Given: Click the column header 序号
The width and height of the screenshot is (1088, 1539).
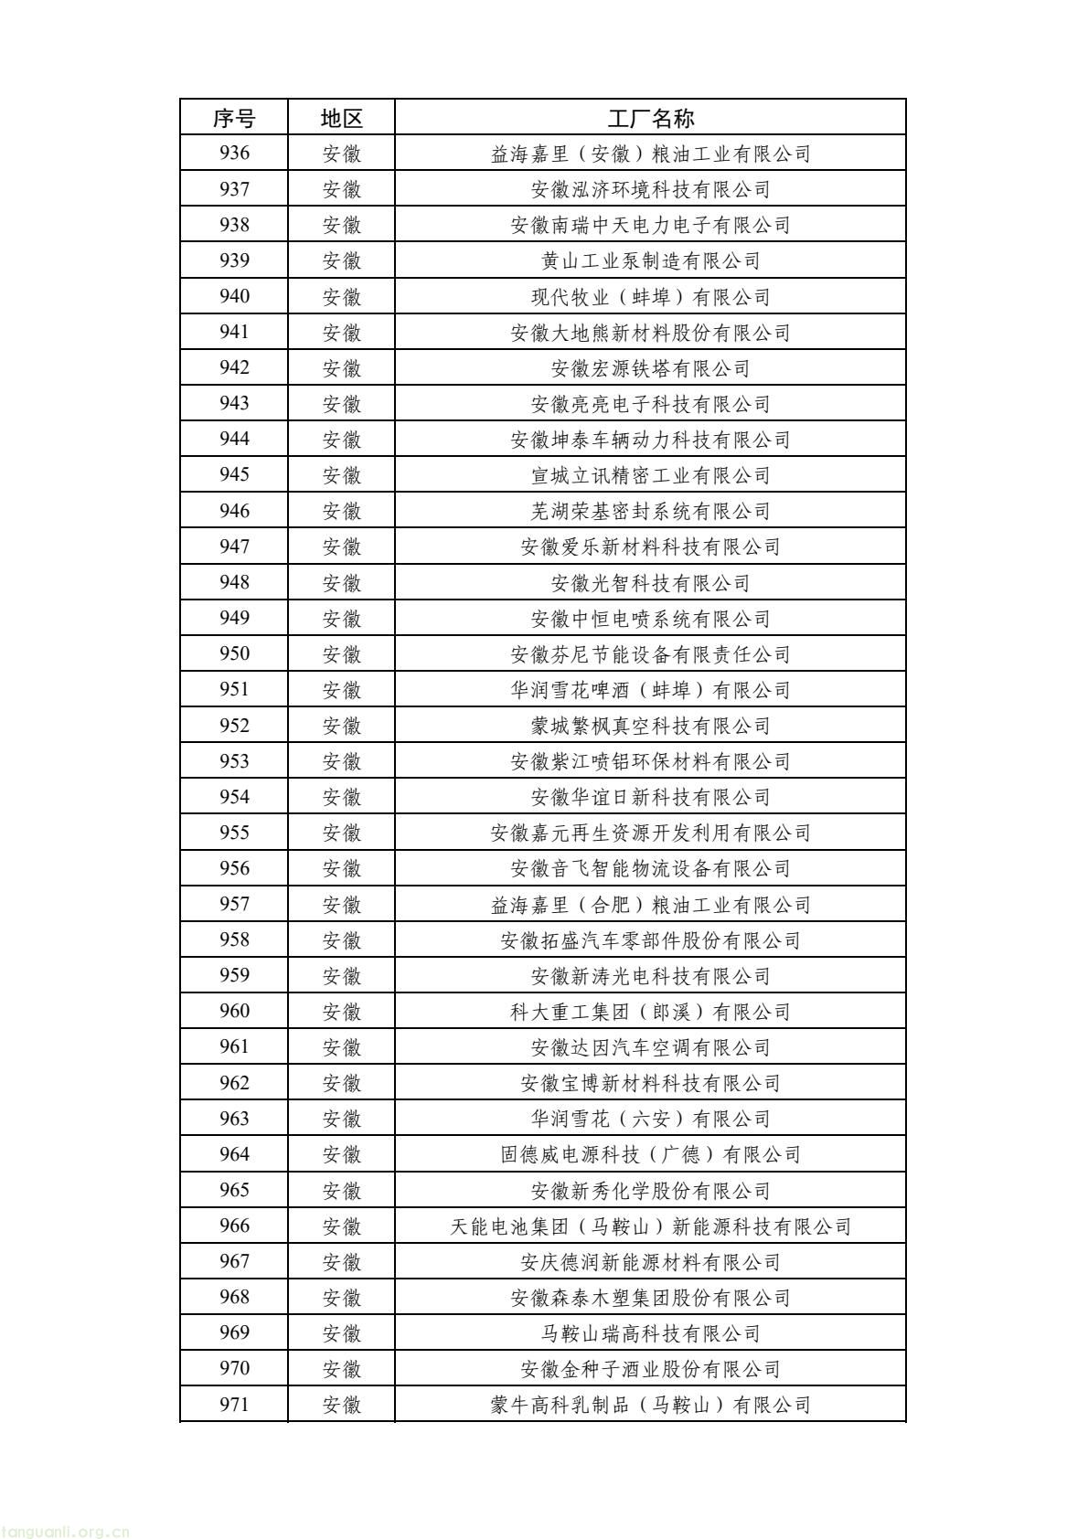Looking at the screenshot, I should coord(234,118).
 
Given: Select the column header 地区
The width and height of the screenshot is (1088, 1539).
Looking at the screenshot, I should coord(341,118).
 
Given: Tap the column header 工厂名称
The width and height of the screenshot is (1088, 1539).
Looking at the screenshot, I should coord(650,118).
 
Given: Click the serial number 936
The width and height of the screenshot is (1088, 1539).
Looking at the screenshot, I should coord(234,154).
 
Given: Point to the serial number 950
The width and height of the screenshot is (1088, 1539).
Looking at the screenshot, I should coord(234,653).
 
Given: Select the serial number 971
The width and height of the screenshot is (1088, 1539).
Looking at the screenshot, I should coord(234,1404).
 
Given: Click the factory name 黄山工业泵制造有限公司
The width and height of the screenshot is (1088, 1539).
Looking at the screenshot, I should coord(650,260).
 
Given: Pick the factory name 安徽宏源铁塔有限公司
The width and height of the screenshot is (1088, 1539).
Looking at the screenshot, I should coord(650,368).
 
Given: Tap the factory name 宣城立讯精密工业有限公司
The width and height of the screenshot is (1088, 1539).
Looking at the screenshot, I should coord(650,475).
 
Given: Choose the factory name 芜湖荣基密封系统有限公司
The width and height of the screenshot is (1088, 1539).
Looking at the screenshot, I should coord(650,511).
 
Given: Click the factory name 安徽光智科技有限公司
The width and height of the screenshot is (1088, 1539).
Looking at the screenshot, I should coord(650,582).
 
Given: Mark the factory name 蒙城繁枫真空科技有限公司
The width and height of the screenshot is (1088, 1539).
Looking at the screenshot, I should coord(650,726).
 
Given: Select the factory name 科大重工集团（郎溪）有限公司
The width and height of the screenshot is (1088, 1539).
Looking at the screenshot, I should coord(650,1012).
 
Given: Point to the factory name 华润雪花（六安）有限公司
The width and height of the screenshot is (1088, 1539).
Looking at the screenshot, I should coord(650,1119).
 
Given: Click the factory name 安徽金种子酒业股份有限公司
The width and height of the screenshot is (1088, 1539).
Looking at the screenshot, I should coord(650,1368).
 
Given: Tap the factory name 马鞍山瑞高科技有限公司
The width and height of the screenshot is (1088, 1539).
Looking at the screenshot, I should coord(650,1332).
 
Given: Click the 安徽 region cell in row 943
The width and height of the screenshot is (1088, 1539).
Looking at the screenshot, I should coord(341,404).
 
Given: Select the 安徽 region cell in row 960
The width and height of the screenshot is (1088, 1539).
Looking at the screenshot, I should coord(341,1012).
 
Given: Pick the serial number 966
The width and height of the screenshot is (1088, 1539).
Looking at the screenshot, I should coord(234,1226).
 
